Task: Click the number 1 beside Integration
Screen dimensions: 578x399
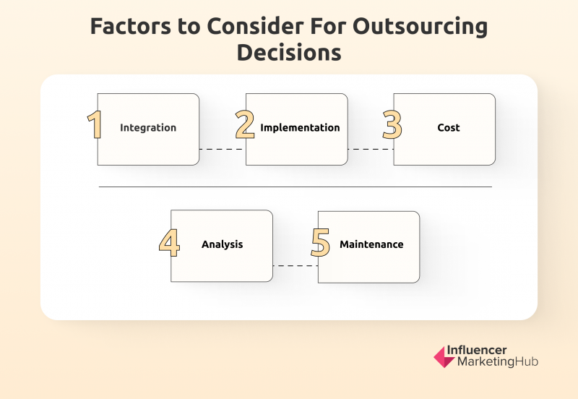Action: pos(95,124)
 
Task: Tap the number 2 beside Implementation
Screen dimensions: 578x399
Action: pos(245,124)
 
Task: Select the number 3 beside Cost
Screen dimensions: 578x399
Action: pos(392,124)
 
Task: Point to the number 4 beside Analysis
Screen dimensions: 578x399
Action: pos(170,242)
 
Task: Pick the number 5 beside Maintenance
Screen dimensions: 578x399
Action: pos(320,242)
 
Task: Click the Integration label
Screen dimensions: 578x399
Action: pos(148,128)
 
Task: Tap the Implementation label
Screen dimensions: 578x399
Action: pos(300,128)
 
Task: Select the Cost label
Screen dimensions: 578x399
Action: pos(449,128)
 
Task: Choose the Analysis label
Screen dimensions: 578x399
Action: pos(223,244)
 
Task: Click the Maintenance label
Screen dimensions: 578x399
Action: pos(371,244)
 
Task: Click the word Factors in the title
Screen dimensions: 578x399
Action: pos(131,26)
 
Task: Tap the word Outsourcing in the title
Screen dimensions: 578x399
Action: pos(420,27)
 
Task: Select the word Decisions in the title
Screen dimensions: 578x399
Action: pos(289,52)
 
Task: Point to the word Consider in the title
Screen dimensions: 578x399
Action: pos(256,26)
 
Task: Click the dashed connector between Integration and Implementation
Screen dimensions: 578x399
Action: pos(223,150)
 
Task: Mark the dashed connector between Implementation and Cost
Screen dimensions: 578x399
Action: pos(371,150)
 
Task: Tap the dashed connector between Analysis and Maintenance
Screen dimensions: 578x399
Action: pos(296,266)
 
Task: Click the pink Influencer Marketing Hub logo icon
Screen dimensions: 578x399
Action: pos(444,357)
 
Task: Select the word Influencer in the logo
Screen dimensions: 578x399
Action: pos(477,350)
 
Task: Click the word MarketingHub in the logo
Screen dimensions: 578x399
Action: pos(498,361)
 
